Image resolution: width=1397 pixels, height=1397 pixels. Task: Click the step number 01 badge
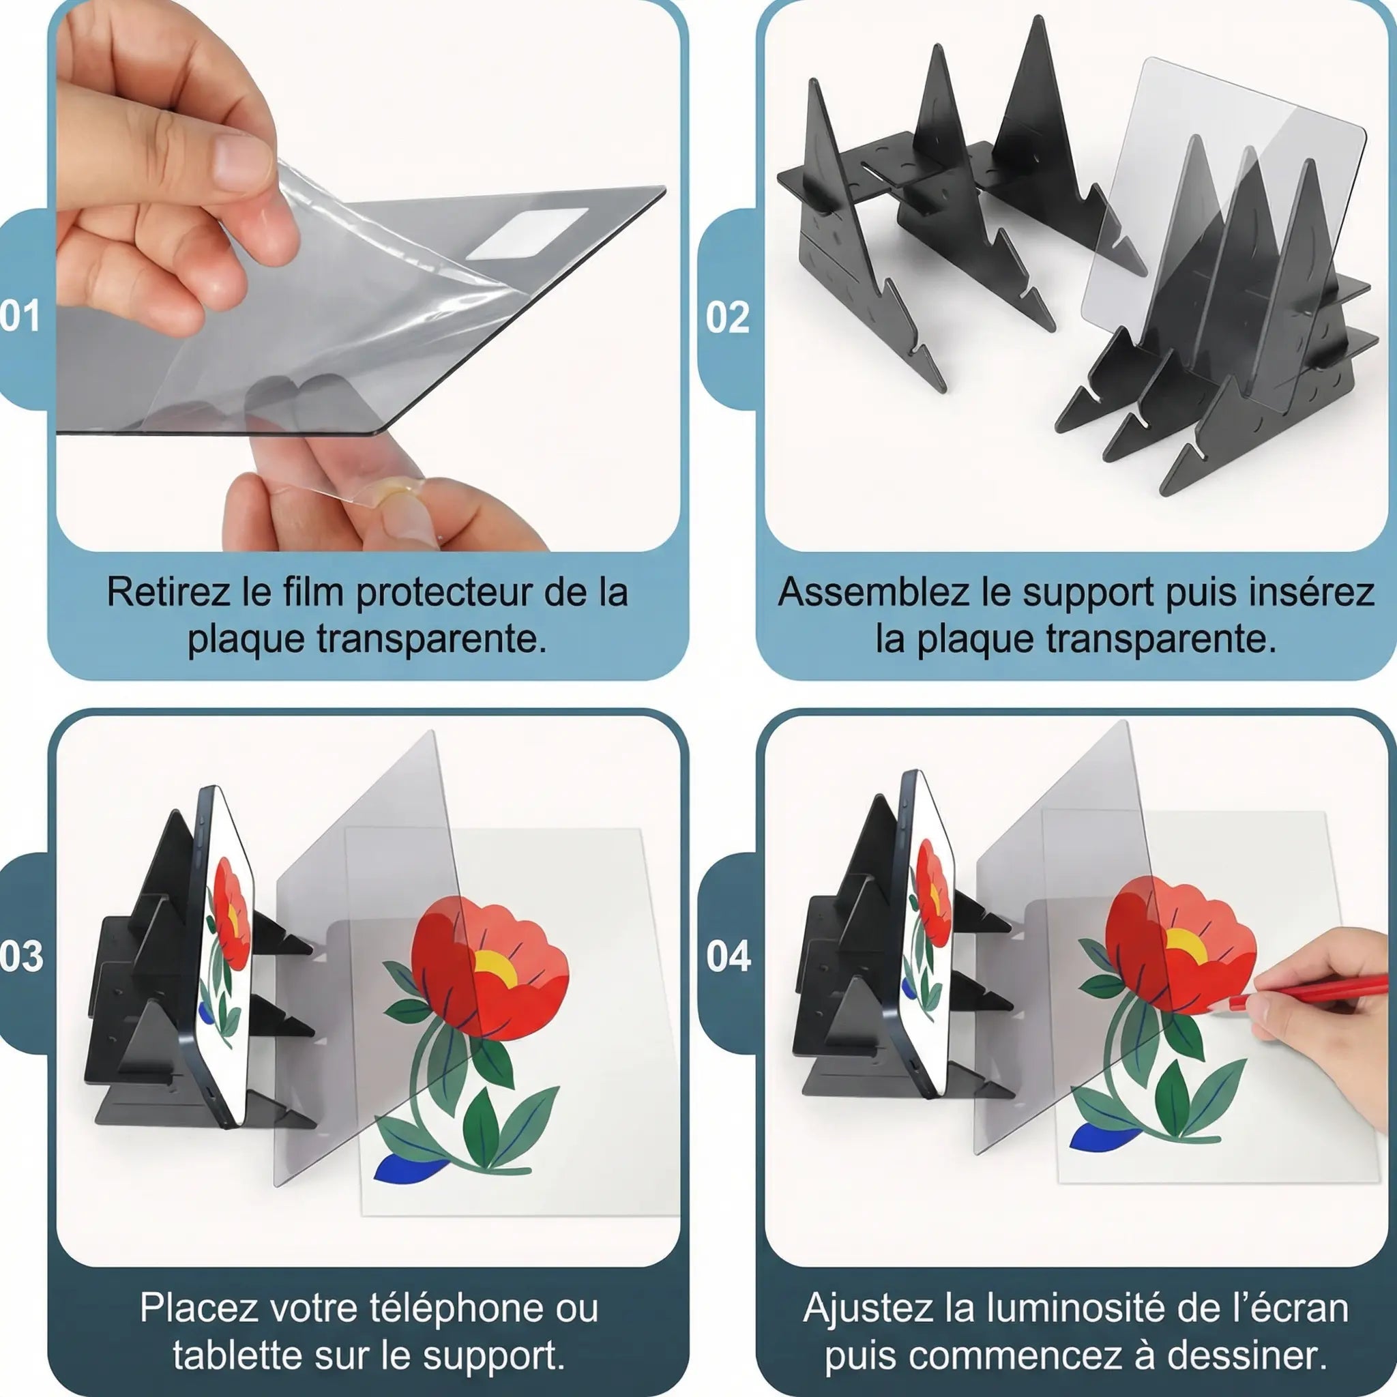[20, 317]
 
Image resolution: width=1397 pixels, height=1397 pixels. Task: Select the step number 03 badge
[21, 956]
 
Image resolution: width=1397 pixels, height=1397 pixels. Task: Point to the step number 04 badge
[728, 956]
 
